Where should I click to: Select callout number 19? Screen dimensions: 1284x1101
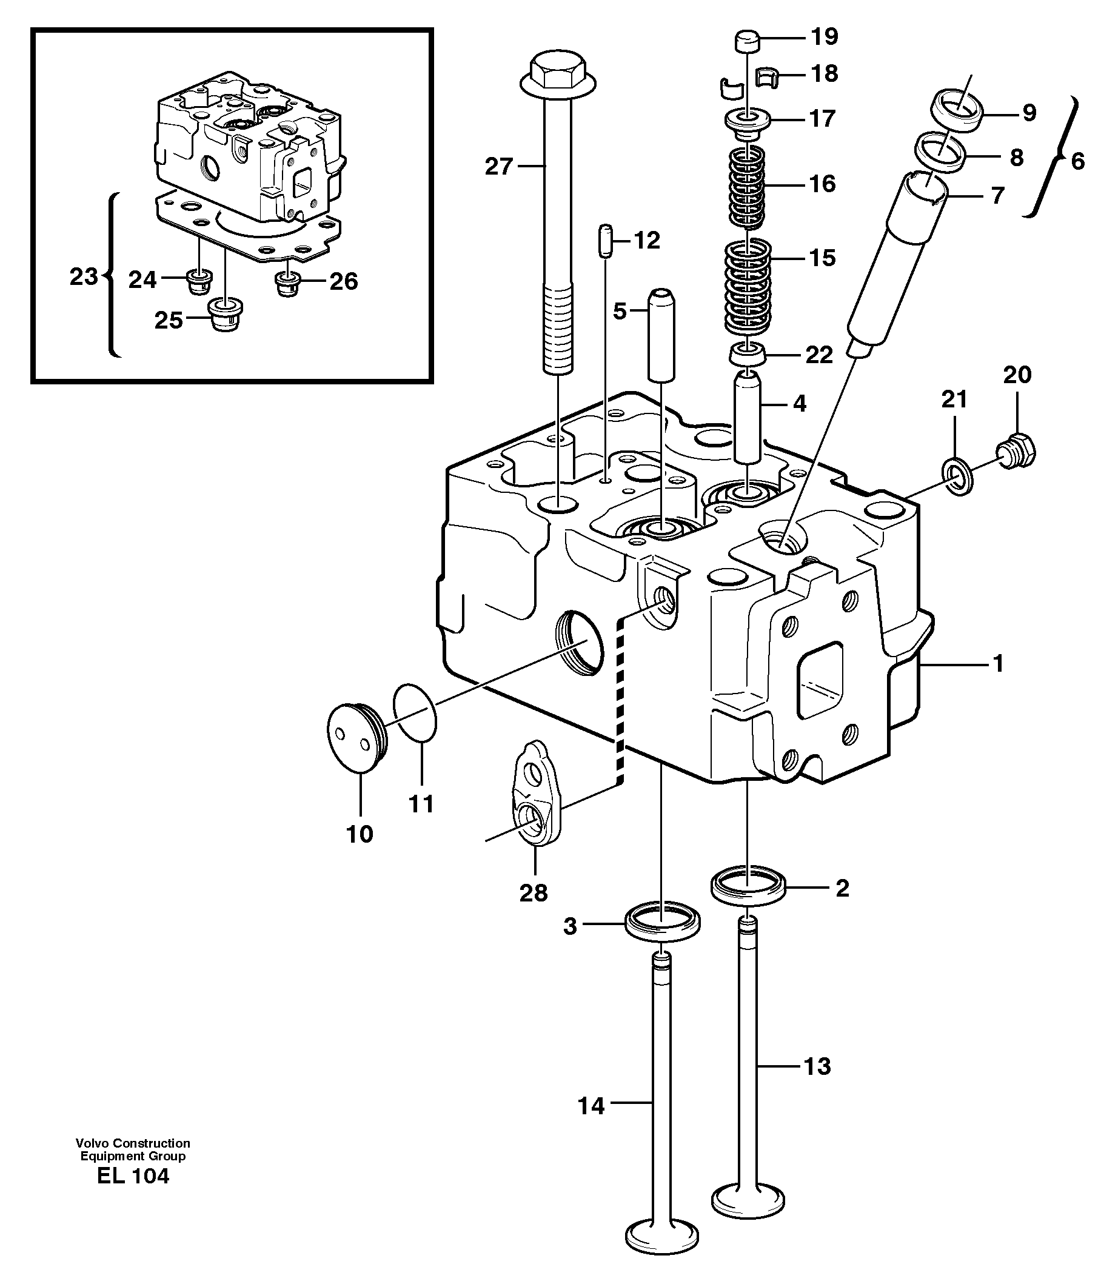coord(825,36)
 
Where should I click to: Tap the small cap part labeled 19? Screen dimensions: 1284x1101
coord(748,43)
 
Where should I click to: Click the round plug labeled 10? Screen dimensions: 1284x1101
coord(355,737)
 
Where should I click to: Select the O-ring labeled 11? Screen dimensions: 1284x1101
coord(415,712)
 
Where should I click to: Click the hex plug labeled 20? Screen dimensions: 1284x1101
coord(1016,451)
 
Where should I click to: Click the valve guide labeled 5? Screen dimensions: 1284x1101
coord(661,335)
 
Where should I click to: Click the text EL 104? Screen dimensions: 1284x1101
coord(133,1175)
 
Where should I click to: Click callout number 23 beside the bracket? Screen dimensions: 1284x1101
coord(83,277)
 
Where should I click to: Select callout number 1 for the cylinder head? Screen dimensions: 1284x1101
coord(997,664)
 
